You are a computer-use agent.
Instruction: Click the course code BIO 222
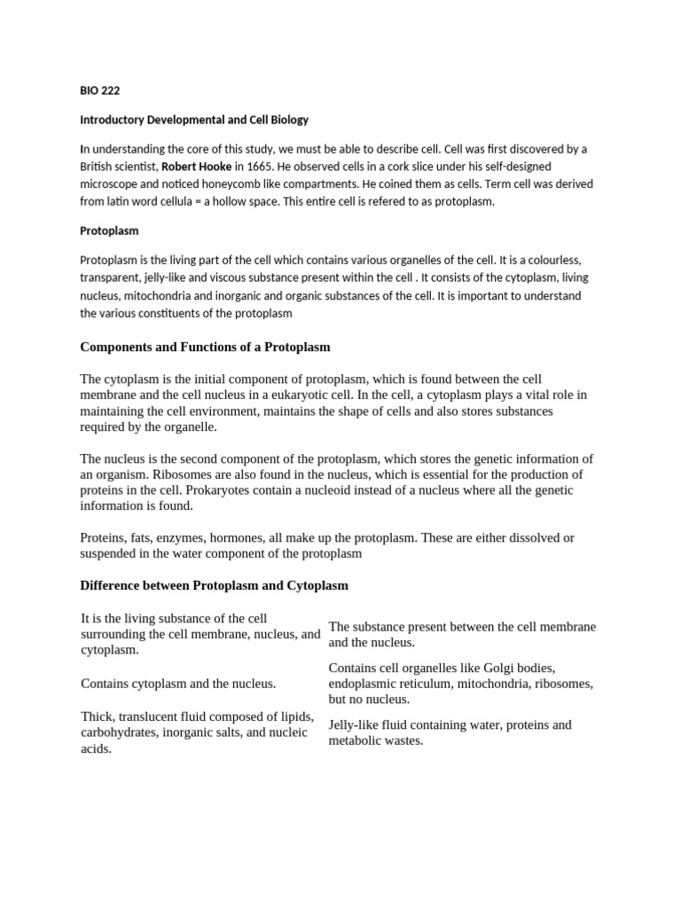pyautogui.click(x=99, y=90)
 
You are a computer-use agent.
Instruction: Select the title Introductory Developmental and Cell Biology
pyautogui.click(x=194, y=120)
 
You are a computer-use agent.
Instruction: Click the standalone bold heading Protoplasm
pyautogui.click(x=109, y=231)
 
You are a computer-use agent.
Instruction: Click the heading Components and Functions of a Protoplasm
pyautogui.click(x=205, y=347)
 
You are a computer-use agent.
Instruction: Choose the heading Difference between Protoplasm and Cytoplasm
pyautogui.click(x=214, y=586)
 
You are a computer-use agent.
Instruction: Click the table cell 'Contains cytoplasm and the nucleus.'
pyautogui.click(x=178, y=684)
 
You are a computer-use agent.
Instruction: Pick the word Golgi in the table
pyautogui.click(x=519, y=668)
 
